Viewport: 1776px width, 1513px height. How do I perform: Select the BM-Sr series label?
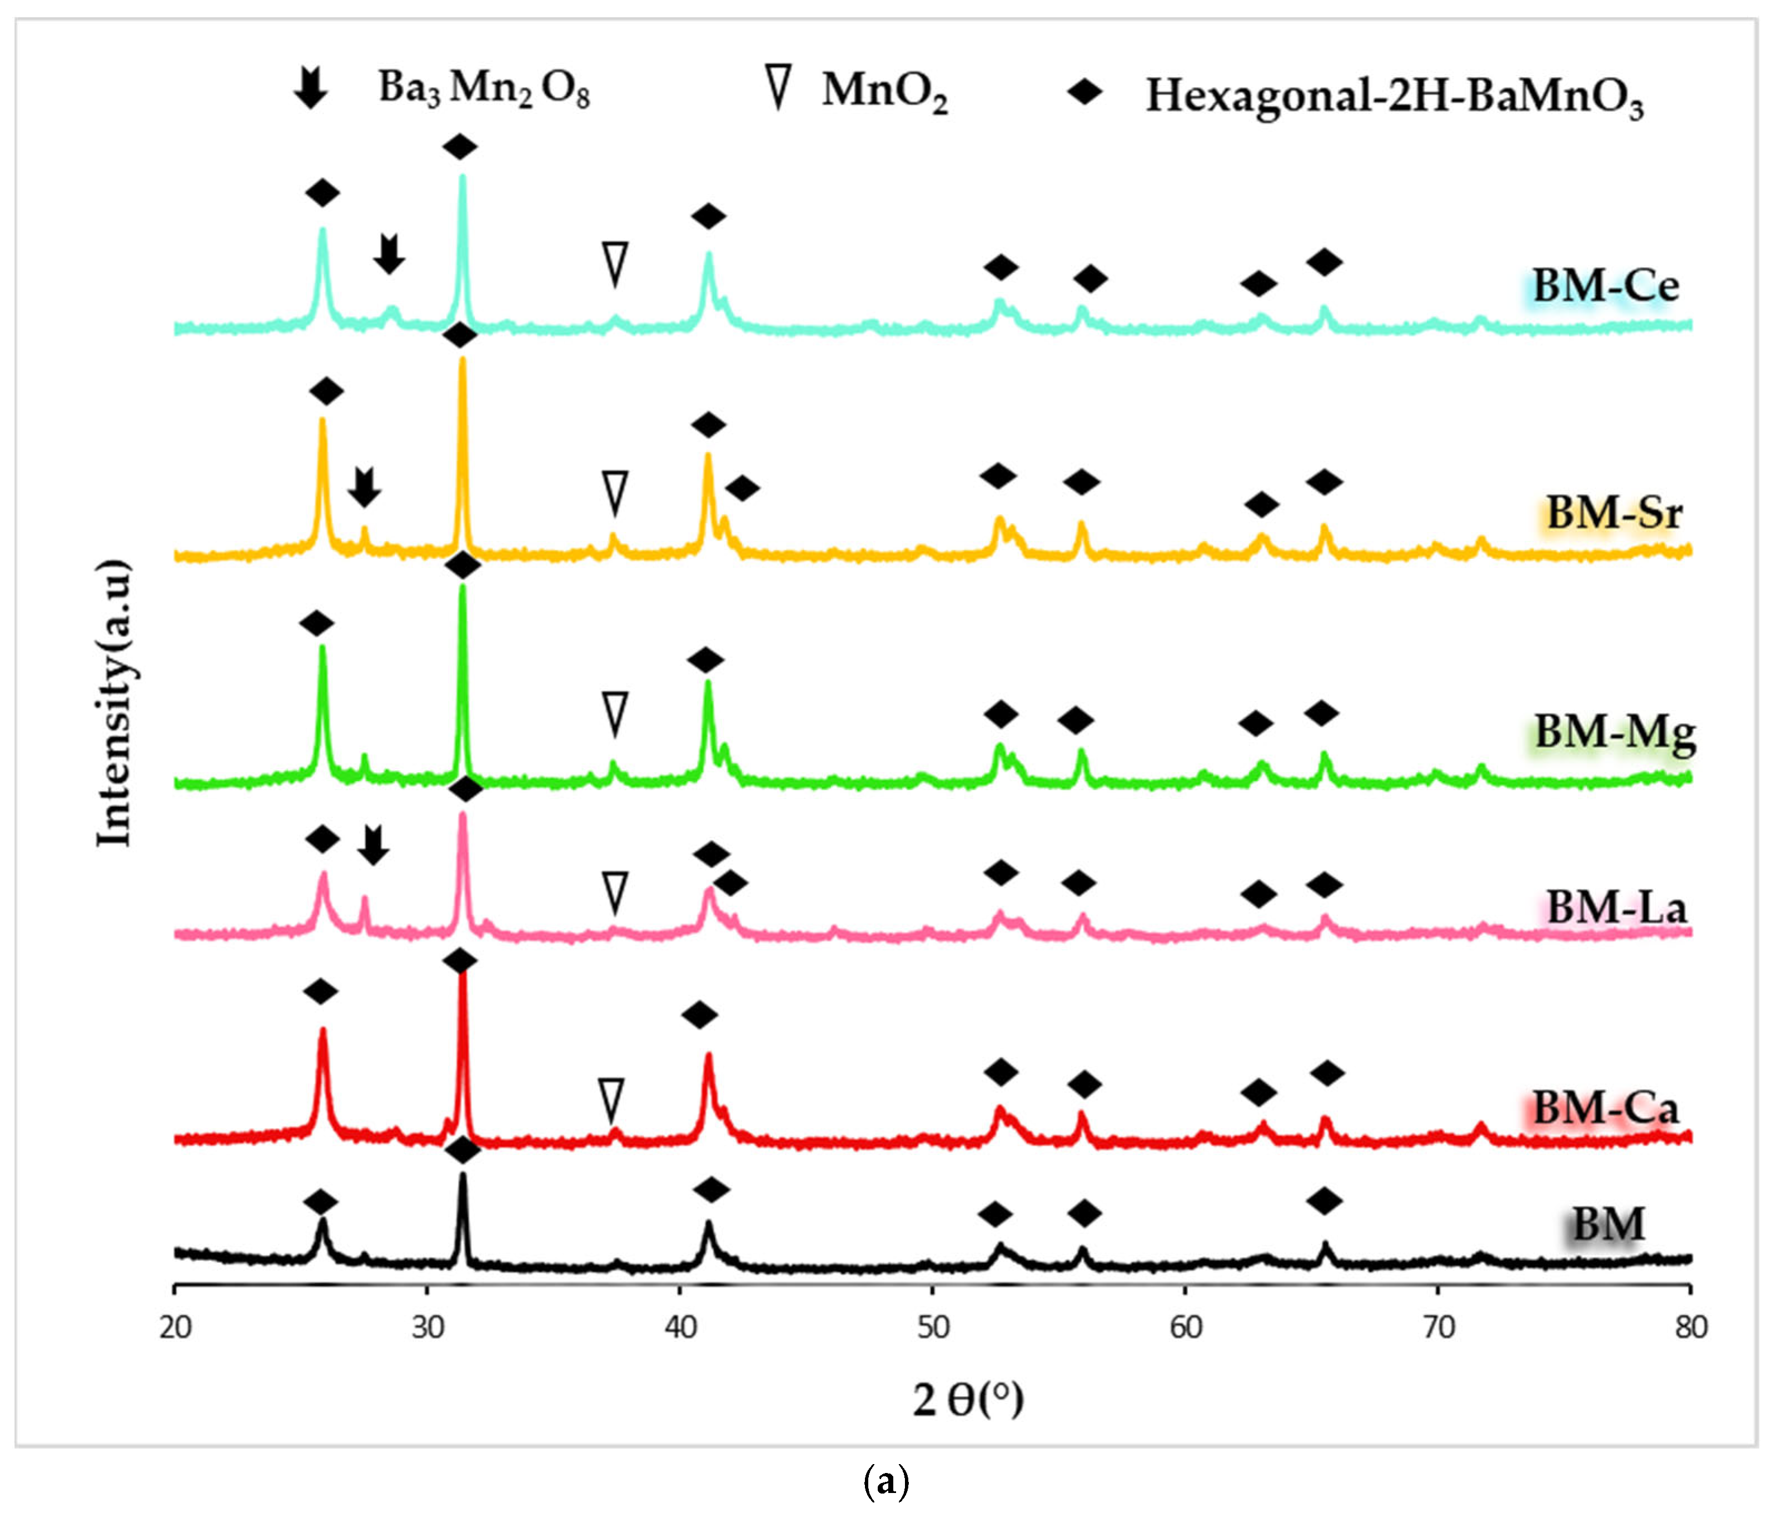tap(1613, 512)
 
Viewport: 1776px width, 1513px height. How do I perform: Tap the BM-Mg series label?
tap(1615, 732)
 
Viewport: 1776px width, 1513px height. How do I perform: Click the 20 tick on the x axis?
tap(175, 1328)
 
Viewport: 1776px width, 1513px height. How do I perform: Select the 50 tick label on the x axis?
tap(933, 1328)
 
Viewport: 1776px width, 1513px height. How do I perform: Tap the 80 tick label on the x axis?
tap(1690, 1328)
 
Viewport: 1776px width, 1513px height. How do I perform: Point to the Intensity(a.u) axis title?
tap(114, 702)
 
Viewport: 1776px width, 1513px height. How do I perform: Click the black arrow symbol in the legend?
tap(310, 87)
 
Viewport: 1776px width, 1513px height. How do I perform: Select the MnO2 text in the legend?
tap(884, 91)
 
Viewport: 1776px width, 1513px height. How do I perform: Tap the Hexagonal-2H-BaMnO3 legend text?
tap(1395, 95)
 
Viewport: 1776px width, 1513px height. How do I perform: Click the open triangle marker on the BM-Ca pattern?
tap(611, 1101)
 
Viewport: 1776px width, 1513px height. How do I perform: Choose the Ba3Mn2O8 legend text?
tap(484, 87)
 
